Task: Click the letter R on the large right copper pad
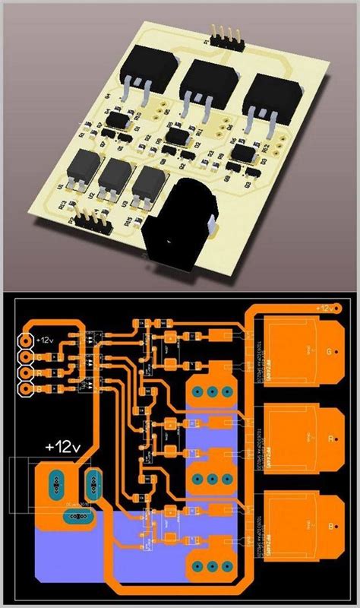click(x=328, y=439)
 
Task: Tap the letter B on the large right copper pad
click(x=328, y=525)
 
